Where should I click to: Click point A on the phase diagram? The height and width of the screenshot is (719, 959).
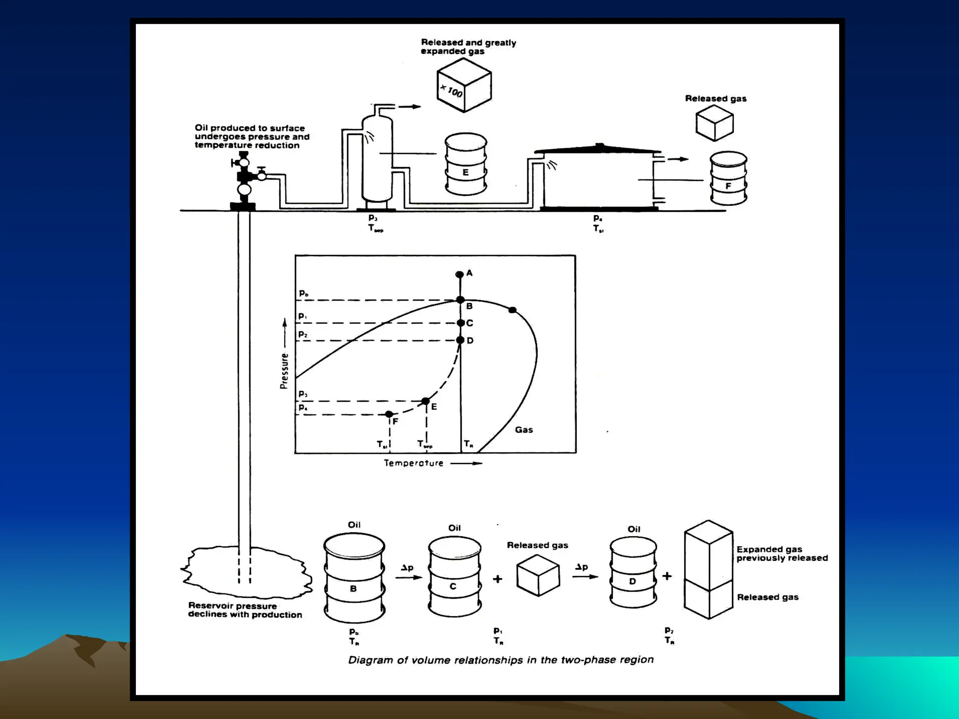(459, 274)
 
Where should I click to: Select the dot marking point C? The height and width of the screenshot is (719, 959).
(460, 323)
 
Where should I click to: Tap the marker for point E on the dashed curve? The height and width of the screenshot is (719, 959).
(425, 401)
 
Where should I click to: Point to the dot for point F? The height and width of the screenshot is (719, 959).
(389, 414)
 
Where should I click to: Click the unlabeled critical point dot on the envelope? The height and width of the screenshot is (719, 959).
(512, 310)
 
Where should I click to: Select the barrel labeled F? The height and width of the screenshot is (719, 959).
(728, 178)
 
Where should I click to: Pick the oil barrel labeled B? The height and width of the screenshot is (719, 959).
(354, 578)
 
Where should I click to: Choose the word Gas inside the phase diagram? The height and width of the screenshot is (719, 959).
(524, 430)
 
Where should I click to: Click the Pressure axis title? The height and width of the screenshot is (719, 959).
(284, 371)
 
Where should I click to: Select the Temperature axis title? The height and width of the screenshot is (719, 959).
(413, 463)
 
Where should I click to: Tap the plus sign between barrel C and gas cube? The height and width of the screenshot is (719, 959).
(497, 579)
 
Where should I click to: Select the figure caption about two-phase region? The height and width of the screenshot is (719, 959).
(501, 660)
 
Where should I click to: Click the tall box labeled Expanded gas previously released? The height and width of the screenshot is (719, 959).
(708, 555)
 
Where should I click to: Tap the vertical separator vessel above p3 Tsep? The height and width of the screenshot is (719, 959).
(377, 159)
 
